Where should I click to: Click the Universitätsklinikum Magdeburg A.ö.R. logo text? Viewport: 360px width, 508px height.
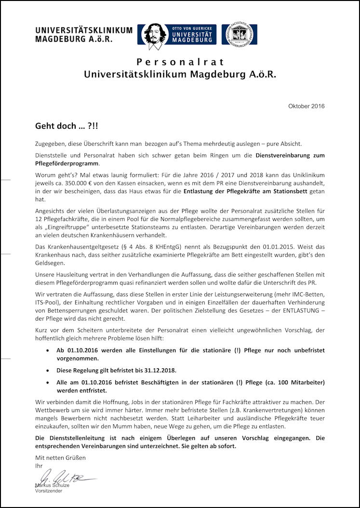pos(83,34)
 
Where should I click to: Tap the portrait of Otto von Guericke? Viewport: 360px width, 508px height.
pos(153,35)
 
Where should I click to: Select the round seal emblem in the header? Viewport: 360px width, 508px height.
pos(239,34)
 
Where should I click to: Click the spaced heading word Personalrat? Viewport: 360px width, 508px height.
pos(180,62)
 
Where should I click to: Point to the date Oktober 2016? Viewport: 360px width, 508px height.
pos(307,106)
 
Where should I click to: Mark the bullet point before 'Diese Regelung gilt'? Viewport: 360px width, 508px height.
pos(47,370)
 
